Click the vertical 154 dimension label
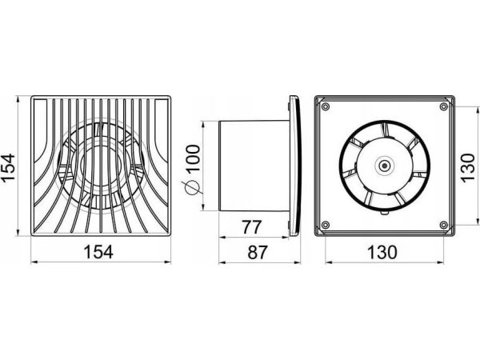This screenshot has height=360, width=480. tap(8, 168)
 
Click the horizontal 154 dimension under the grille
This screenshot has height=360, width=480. tap(98, 252)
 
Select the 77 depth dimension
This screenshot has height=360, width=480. tap(252, 227)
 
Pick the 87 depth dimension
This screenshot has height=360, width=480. tap(258, 252)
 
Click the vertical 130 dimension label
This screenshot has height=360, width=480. tap(468, 168)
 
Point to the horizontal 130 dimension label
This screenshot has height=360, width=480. tap(382, 252)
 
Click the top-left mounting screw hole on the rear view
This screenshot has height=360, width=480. tap(325, 107)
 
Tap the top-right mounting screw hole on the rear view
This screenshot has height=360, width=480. tap(443, 107)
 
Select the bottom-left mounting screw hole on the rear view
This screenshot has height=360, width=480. tap(325, 225)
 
